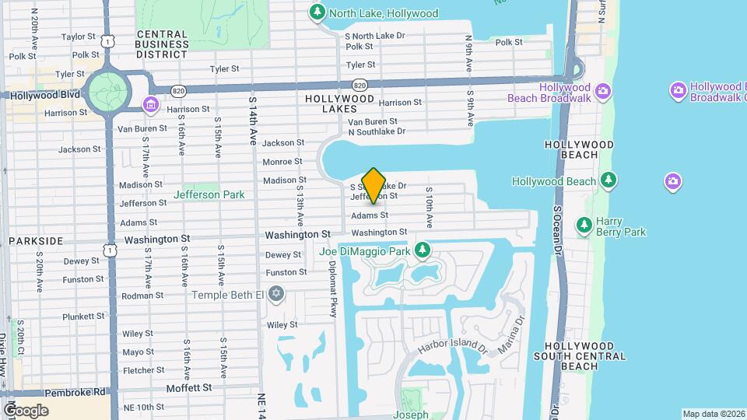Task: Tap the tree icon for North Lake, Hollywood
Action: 317,12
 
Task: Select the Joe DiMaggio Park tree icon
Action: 423,250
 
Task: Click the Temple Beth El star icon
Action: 275,294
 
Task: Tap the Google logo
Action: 26,410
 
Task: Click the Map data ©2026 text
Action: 713,414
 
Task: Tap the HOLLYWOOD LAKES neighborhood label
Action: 340,103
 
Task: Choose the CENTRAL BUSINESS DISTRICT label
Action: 162,44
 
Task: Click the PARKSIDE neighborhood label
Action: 35,241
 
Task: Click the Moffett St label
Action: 189,387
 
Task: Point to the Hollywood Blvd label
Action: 45,95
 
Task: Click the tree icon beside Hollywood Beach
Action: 609,181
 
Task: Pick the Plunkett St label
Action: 83,316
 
